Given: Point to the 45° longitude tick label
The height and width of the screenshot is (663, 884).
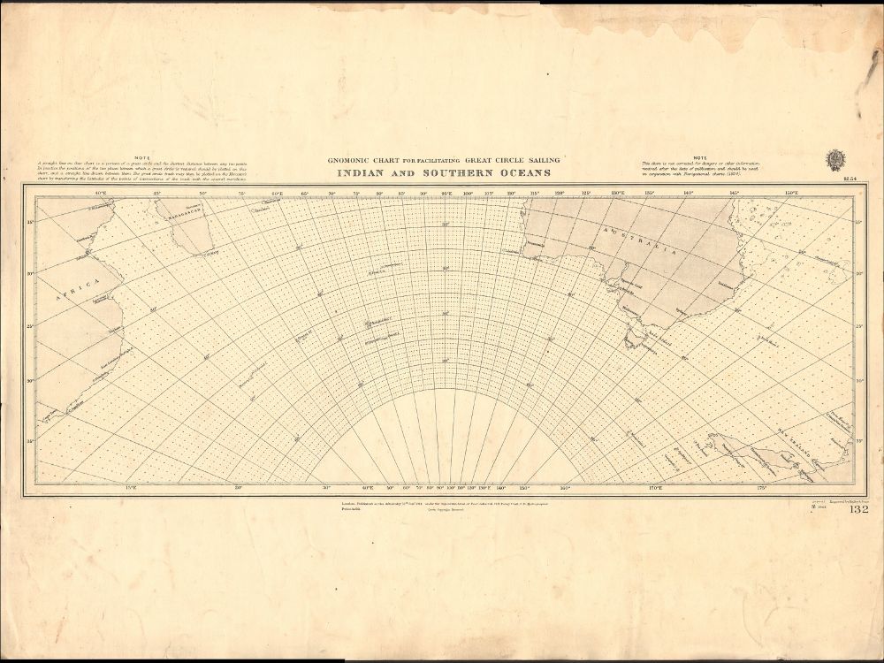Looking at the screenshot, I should pos(157,193).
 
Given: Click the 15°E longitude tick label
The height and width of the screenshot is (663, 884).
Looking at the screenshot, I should pos(131,487).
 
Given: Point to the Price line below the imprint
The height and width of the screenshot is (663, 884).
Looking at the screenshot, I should pos(352,508).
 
